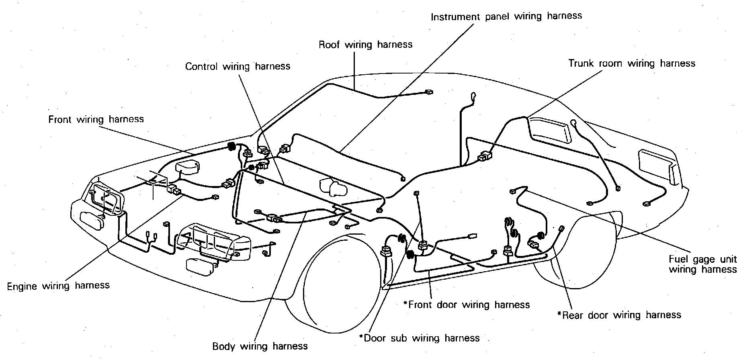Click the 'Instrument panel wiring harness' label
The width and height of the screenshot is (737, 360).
click(506, 16)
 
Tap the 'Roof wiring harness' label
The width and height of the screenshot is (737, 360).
click(365, 45)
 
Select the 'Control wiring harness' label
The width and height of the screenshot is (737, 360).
click(237, 66)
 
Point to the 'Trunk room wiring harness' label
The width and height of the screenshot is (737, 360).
click(631, 63)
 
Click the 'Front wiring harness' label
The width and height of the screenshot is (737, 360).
click(96, 119)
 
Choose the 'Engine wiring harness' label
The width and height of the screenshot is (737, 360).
click(58, 286)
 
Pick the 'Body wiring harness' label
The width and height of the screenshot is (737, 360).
click(260, 346)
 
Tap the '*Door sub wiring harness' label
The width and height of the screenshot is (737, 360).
click(419, 338)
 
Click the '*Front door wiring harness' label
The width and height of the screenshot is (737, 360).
click(467, 305)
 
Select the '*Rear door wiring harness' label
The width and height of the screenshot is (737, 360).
click(619, 315)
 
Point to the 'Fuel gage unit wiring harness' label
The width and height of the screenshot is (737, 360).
click(702, 264)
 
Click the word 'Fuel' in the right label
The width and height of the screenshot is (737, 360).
click(679, 259)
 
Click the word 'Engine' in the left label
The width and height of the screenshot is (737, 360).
click(22, 286)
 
